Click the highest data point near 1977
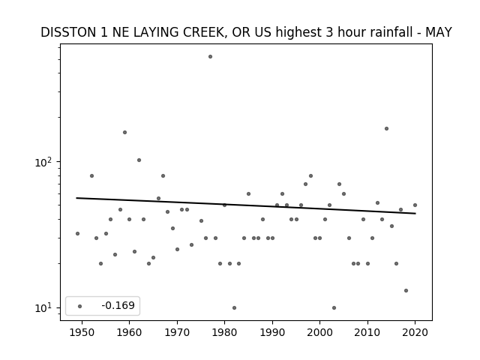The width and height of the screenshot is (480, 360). tap(210, 57)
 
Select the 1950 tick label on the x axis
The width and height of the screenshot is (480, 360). tap(82, 332)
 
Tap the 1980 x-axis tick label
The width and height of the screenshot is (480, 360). tap(224, 332)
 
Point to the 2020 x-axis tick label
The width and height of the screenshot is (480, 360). tap(415, 332)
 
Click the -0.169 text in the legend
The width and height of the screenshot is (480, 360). tap(118, 305)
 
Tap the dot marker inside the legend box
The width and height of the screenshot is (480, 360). tap(80, 306)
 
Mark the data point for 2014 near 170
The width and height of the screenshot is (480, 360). tap(387, 128)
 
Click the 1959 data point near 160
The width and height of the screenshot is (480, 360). tap(125, 132)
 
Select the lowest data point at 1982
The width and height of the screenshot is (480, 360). tap(234, 307)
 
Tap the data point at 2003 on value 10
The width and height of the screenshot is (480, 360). tap(334, 307)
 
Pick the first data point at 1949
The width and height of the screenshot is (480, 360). tap(77, 233)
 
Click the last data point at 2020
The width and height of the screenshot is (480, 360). tap(415, 205)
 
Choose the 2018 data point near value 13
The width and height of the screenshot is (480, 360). tap(406, 290)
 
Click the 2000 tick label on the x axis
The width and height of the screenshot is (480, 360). tap(319, 332)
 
